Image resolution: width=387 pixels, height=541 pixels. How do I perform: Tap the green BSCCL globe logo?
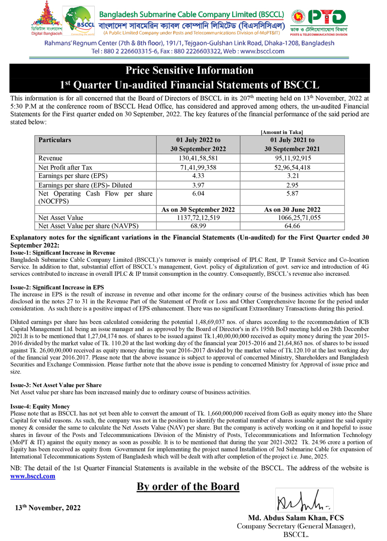(78, 21)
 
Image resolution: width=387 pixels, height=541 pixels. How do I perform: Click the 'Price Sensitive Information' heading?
(189, 71)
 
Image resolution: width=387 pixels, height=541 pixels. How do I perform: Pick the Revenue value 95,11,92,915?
(292, 158)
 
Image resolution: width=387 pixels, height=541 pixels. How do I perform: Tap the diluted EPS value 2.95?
(292, 185)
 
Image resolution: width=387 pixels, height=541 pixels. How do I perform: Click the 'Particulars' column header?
(55, 140)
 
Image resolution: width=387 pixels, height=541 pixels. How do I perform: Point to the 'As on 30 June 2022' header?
(292, 210)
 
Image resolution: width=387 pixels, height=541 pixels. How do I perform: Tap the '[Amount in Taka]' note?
(282, 132)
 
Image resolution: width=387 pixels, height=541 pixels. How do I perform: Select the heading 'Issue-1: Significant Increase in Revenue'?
(63, 253)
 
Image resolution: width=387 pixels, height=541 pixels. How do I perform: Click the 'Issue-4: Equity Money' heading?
(40, 406)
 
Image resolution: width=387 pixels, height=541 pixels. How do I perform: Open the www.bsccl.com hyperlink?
(33, 476)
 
